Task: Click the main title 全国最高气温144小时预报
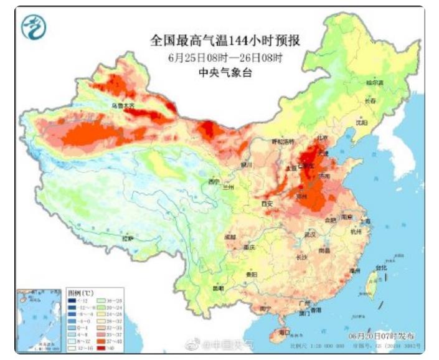(x=225, y=41)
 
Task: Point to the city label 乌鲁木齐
(x=123, y=106)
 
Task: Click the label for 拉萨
(x=128, y=239)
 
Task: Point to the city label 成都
(x=230, y=237)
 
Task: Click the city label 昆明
(x=218, y=288)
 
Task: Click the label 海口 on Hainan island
(x=284, y=333)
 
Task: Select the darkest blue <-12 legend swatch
(x=71, y=301)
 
